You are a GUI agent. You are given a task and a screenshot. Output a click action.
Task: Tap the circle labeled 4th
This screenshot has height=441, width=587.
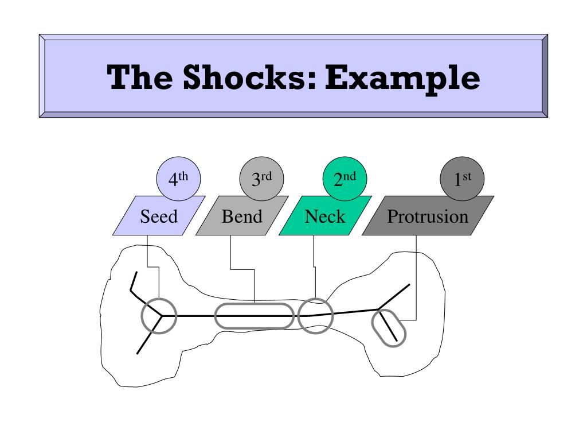tap(178, 180)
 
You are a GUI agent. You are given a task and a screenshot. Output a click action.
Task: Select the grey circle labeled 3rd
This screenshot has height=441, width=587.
tap(261, 180)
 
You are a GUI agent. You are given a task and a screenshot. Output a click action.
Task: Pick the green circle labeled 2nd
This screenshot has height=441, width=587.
tap(345, 180)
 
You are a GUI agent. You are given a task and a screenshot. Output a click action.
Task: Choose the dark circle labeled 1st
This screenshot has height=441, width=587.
tap(462, 180)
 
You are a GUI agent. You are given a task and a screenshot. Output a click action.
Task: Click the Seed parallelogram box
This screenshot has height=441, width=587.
tap(159, 216)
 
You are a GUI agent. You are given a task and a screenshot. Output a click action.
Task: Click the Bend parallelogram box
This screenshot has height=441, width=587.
tap(241, 216)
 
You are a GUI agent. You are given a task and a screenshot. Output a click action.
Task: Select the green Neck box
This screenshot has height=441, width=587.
tap(325, 216)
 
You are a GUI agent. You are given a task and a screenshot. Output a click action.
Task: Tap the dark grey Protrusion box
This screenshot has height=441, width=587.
tap(428, 216)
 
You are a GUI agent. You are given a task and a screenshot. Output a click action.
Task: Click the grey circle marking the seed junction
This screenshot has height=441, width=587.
tap(159, 316)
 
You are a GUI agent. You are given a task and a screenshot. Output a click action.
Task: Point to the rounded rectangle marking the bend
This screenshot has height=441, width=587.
tap(254, 316)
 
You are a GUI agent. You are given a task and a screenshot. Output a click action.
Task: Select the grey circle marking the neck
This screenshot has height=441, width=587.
tap(315, 316)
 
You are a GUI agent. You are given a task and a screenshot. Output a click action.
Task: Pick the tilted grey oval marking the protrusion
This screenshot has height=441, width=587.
tap(389, 327)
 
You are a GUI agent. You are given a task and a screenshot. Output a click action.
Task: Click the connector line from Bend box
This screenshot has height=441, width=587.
tap(230, 253)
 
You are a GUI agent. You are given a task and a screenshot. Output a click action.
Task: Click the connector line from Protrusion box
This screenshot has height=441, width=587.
tap(416, 276)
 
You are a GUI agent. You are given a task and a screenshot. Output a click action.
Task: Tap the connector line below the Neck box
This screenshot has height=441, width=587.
tap(314, 253)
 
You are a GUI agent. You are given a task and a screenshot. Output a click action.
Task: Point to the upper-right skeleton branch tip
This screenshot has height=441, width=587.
tap(409, 285)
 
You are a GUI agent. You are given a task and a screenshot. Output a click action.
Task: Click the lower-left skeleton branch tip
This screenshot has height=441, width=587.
tap(138, 353)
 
